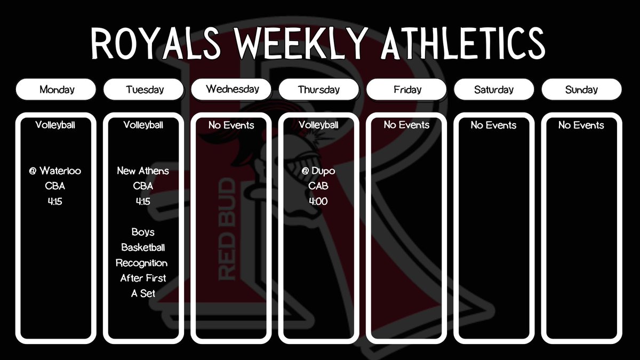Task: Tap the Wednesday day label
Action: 232,89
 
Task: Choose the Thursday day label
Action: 318,90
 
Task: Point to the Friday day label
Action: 406,90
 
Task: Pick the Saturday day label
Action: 494,90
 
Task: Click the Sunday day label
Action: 581,90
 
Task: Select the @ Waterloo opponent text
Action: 55,171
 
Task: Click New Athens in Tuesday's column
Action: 143,171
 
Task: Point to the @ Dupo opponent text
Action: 318,171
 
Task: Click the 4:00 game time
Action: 318,202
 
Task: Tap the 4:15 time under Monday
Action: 55,202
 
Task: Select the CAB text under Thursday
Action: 318,186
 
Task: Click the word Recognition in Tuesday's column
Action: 143,263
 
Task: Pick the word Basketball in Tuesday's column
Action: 143,247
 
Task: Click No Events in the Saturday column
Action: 494,125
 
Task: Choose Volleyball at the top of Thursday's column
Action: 318,125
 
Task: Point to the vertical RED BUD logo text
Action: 227,230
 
